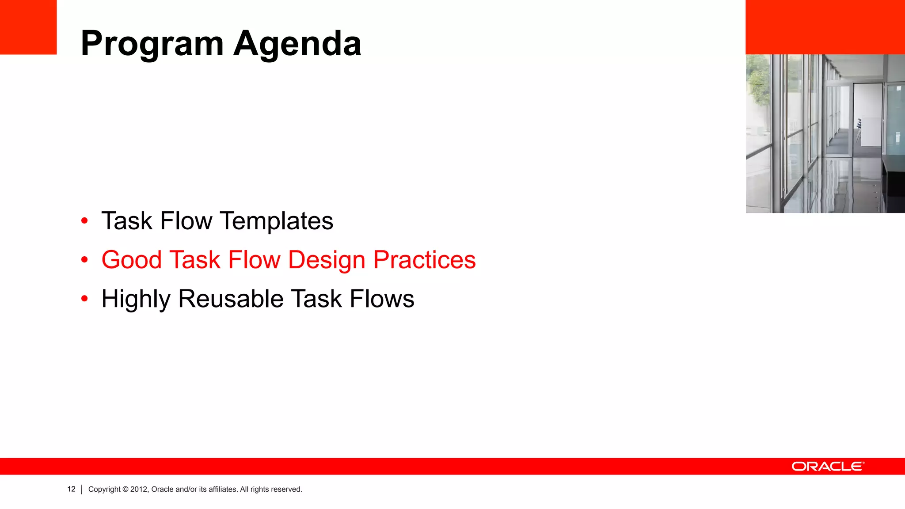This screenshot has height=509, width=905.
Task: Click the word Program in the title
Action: pos(152,44)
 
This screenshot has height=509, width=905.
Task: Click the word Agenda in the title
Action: pos(297,44)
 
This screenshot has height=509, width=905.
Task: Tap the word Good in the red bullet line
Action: pos(131,260)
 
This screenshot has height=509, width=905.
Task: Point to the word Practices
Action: pos(424,260)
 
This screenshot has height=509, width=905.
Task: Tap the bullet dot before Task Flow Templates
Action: pos(84,221)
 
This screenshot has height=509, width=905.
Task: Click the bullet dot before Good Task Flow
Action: pos(84,260)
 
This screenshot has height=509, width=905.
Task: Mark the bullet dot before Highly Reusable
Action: pos(84,299)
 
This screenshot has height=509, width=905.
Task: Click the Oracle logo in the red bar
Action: pos(827,467)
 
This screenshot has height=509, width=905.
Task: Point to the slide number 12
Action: pos(71,489)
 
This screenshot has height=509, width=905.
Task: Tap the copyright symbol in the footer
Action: pos(125,490)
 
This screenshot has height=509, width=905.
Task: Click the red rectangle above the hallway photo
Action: pos(825,27)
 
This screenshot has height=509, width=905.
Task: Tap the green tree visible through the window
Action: pos(758,84)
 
